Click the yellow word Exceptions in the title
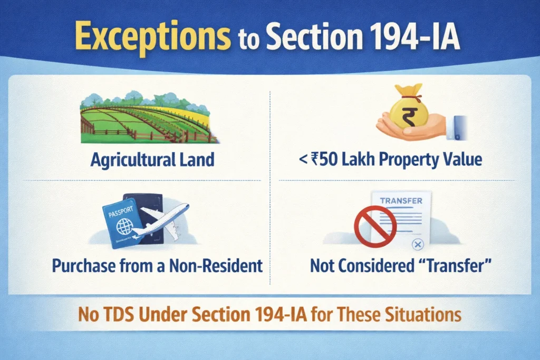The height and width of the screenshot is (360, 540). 152,36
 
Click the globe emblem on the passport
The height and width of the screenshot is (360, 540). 124,226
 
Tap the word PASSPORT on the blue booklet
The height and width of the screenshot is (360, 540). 121,211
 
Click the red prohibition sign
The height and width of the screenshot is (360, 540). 375,226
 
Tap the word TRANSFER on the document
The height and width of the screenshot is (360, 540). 401,201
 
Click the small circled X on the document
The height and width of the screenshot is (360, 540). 418,245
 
